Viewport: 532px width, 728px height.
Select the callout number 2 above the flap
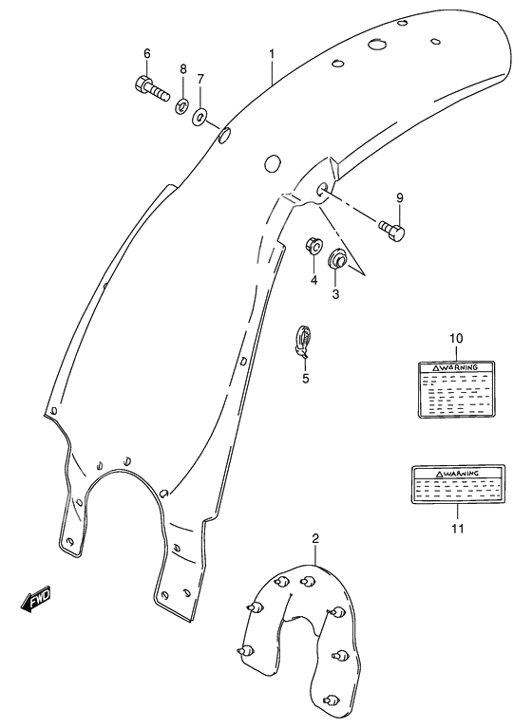pyautogui.click(x=315, y=539)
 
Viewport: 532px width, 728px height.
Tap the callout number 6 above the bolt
pyautogui.click(x=146, y=52)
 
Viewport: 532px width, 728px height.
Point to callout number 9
pyautogui.click(x=400, y=197)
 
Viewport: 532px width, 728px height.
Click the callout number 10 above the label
pyautogui.click(x=455, y=339)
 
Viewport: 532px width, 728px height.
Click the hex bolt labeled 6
pyautogui.click(x=151, y=89)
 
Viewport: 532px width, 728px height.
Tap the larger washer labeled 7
pyautogui.click(x=200, y=117)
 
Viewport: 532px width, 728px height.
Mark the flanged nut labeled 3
pyautogui.click(x=336, y=259)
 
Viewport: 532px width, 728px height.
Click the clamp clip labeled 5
pyautogui.click(x=303, y=339)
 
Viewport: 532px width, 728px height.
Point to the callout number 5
pyautogui.click(x=305, y=379)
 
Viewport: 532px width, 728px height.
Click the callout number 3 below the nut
pyautogui.click(x=334, y=295)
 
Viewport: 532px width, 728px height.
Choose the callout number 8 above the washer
pyautogui.click(x=183, y=69)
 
